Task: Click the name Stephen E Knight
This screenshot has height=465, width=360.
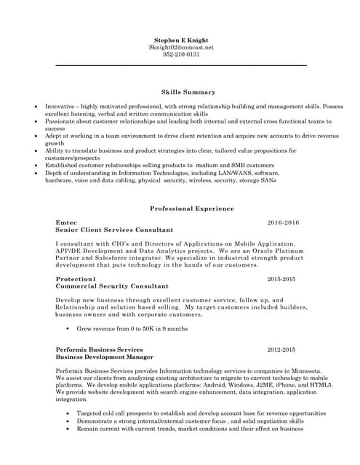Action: click(181, 39)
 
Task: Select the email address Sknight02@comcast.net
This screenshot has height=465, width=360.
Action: click(181, 46)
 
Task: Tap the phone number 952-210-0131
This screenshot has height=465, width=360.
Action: click(181, 54)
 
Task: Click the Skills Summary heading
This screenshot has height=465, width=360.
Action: click(188, 92)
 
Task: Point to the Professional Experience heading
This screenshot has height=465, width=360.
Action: click(192, 209)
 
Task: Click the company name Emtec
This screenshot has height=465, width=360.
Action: click(66, 222)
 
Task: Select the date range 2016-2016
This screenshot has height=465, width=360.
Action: click(283, 222)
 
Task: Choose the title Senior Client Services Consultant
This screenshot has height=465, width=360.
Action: click(114, 230)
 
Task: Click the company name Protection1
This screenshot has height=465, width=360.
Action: click(76, 279)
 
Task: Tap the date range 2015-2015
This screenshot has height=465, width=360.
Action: click(283, 279)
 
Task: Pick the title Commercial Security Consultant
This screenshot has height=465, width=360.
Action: click(112, 286)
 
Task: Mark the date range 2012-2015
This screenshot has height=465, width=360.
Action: click(281, 349)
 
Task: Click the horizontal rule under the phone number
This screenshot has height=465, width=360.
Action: click(181, 65)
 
